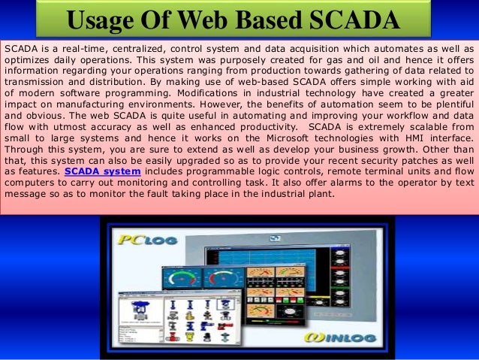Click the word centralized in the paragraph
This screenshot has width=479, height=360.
tap(144, 47)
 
